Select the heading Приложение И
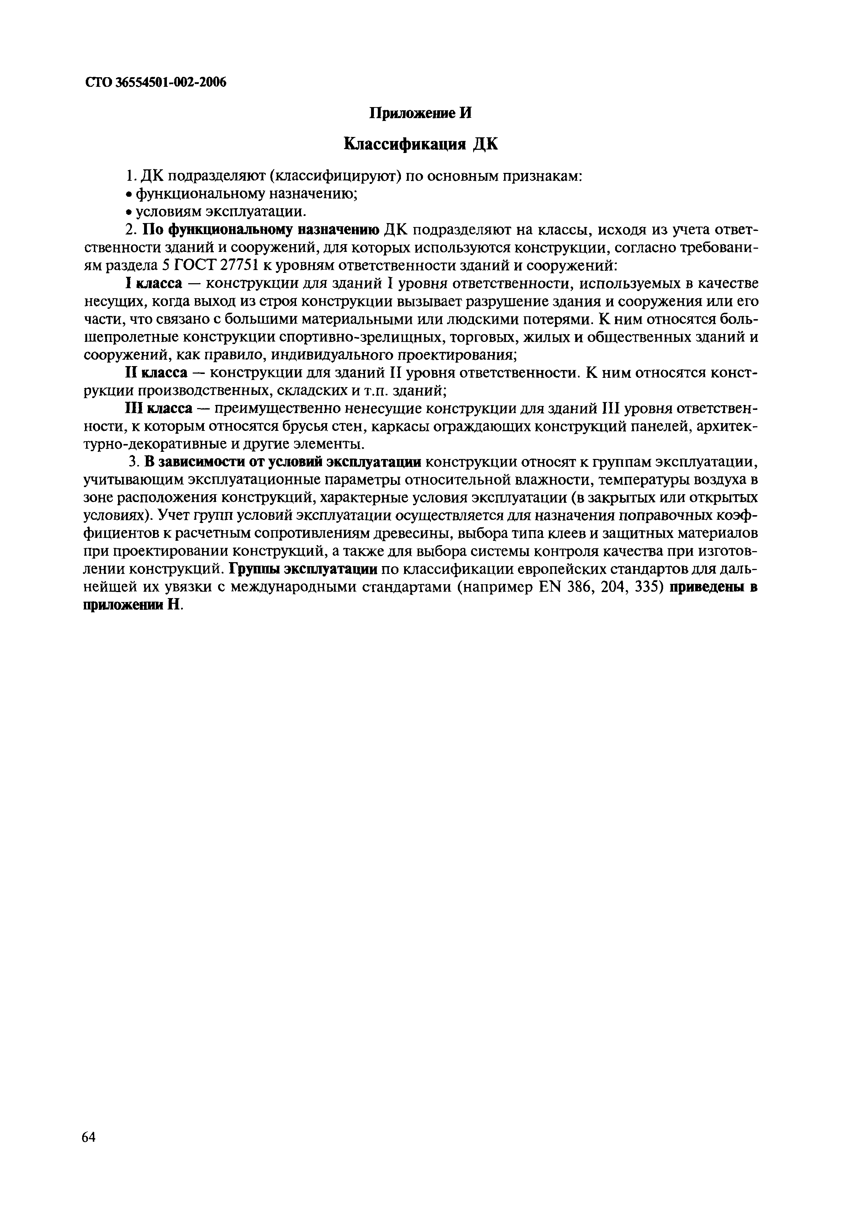click(x=419, y=113)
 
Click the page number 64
click(x=89, y=1137)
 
